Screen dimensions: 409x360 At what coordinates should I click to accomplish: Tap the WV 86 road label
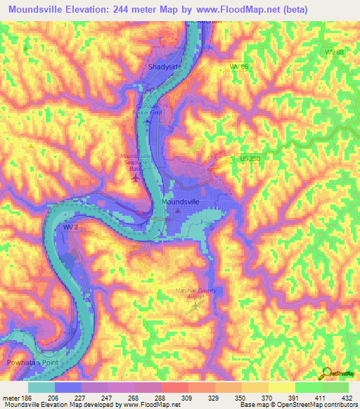point(240,67)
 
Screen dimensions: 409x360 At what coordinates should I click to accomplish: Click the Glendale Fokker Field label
point(148,110)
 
